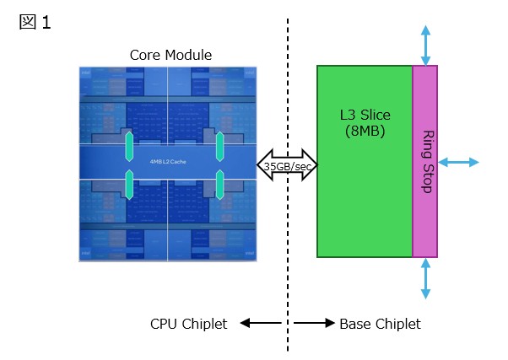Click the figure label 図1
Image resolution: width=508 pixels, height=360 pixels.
tap(35, 23)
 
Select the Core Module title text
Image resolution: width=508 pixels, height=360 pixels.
tap(170, 55)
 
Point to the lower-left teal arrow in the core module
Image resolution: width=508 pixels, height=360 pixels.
tap(130, 184)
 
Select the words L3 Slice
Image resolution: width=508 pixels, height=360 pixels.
tap(365, 116)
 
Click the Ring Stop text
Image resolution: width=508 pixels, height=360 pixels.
tap(426, 162)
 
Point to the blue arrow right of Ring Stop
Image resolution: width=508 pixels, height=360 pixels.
tap(459, 162)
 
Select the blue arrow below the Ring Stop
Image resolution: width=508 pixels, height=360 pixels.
tap(425, 278)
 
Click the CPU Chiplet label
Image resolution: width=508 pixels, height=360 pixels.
tap(188, 324)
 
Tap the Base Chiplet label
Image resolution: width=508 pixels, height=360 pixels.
tap(380, 324)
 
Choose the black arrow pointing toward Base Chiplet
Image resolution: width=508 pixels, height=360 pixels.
tap(313, 324)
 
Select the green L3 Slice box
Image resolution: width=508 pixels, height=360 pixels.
tap(365, 202)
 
